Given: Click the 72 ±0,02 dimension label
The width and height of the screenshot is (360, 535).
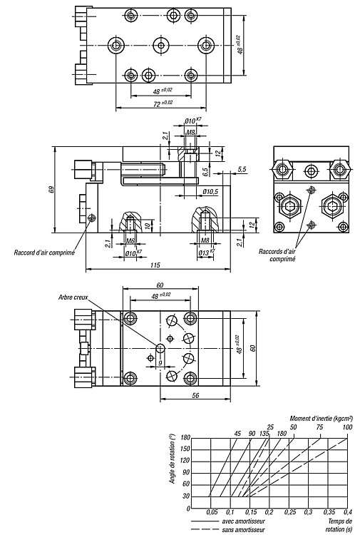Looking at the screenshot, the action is coord(163,103).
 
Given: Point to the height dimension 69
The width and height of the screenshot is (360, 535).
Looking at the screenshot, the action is coord(51,190).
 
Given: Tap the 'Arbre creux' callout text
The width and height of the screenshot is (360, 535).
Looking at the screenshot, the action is coord(73,297).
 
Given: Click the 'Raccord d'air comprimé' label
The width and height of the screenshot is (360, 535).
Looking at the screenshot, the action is coord(44,253).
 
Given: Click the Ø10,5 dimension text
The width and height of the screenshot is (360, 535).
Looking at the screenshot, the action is coord(210,193).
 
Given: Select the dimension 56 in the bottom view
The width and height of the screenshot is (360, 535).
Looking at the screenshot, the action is coord(195,395).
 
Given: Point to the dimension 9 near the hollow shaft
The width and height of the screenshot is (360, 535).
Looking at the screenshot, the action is coord(160,363).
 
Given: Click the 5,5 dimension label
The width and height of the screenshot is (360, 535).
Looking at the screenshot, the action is coord(242,169).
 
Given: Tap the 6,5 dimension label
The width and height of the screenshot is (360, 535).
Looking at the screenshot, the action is coord(205,172).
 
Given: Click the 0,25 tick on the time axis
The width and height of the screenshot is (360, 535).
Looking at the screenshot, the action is coord(290,511).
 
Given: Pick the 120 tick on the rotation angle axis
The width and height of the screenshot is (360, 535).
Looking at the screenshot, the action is coord(186,461).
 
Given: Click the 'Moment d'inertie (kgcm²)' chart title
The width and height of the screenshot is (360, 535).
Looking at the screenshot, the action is coord(322,418).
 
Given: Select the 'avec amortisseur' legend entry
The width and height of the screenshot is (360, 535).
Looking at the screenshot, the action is coord(243,521).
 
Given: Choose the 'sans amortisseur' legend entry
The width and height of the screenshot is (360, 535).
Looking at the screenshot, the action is coord(243,530).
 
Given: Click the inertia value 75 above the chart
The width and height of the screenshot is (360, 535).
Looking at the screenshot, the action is coord(319,427).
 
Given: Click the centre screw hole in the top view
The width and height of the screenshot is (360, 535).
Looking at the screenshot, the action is coord(161,45).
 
